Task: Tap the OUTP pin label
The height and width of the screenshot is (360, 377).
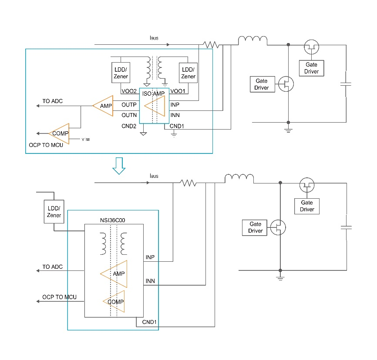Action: pyautogui.click(x=129, y=105)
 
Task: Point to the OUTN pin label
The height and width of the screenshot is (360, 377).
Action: pyautogui.click(x=129, y=115)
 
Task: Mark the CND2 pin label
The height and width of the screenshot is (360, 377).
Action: pyautogui.click(x=129, y=126)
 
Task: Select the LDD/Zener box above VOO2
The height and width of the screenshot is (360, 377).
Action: pyautogui.click(x=121, y=73)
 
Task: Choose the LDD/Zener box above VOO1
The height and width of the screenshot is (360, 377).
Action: pyautogui.click(x=188, y=73)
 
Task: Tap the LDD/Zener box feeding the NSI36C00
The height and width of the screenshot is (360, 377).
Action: pyautogui.click(x=54, y=212)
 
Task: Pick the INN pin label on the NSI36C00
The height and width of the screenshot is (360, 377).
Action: pyautogui.click(x=150, y=281)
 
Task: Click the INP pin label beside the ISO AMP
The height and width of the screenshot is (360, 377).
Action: pyautogui.click(x=175, y=105)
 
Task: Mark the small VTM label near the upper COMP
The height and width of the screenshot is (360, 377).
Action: pyautogui.click(x=86, y=140)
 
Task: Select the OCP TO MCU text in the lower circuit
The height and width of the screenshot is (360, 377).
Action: pyautogui.click(x=59, y=297)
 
